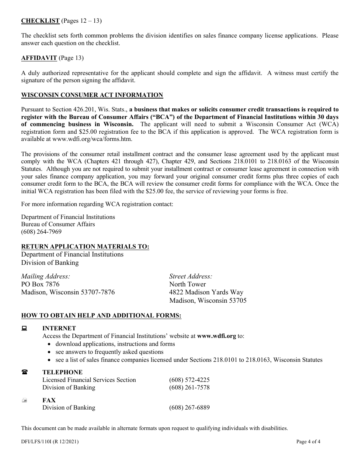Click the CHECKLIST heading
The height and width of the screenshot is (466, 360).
(40, 21)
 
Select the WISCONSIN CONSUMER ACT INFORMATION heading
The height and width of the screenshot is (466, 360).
(92, 95)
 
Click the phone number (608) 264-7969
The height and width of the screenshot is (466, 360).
(41, 231)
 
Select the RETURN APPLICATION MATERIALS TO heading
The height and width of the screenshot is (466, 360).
(85, 247)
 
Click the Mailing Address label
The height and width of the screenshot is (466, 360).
(45, 276)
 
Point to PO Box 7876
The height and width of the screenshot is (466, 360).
(40, 284)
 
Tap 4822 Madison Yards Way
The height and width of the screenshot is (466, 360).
(206, 292)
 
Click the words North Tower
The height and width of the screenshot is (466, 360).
(188, 284)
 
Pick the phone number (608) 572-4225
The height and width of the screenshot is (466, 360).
(189, 380)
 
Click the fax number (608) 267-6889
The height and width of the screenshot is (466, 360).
(189, 408)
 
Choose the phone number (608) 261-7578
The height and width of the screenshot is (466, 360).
(189, 388)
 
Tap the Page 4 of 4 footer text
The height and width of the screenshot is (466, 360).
(308, 442)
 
